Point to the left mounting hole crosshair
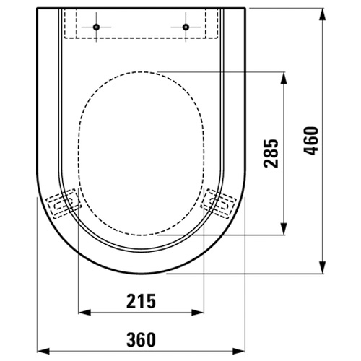(x=95, y=27)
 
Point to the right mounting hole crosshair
(x=185, y=27)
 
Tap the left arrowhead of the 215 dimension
(x=82, y=313)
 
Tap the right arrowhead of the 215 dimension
(x=200, y=313)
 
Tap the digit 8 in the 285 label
(x=271, y=154)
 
